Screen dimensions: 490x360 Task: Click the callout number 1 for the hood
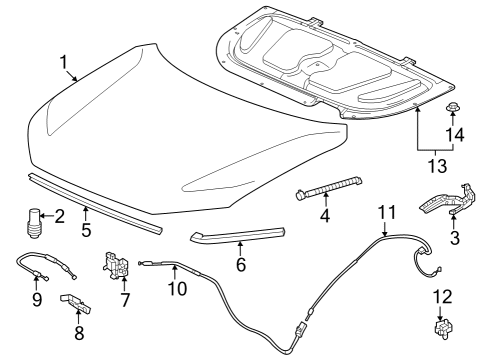point(63,63)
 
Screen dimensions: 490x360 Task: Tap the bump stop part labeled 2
point(33,223)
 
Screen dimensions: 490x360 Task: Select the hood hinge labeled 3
point(448,200)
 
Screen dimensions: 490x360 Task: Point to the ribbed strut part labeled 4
point(329,187)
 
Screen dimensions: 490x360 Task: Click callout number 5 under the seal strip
point(86,230)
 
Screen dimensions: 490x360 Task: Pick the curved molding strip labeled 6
point(238,235)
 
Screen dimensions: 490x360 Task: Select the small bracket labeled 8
point(75,303)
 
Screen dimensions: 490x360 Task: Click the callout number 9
point(37,299)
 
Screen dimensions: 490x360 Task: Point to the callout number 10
point(177,288)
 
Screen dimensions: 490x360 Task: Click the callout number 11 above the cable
point(387,212)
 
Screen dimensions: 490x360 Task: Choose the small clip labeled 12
point(443,328)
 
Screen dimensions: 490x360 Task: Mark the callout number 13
point(437,166)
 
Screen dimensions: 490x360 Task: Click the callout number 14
point(455,134)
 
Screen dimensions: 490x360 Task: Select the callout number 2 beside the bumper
point(59,216)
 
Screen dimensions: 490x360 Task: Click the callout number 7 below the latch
point(124,300)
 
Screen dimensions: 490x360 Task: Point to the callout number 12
point(443,297)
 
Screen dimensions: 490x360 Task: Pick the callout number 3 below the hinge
point(454,238)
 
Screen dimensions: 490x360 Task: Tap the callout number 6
point(241,264)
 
